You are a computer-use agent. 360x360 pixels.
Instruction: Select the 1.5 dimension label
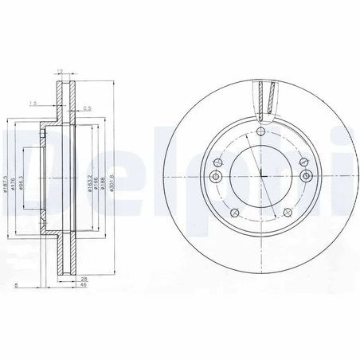(x=33, y=104)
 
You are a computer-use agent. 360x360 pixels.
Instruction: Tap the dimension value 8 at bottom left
(x=7, y=285)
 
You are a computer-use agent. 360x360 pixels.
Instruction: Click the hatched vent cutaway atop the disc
(x=268, y=100)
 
